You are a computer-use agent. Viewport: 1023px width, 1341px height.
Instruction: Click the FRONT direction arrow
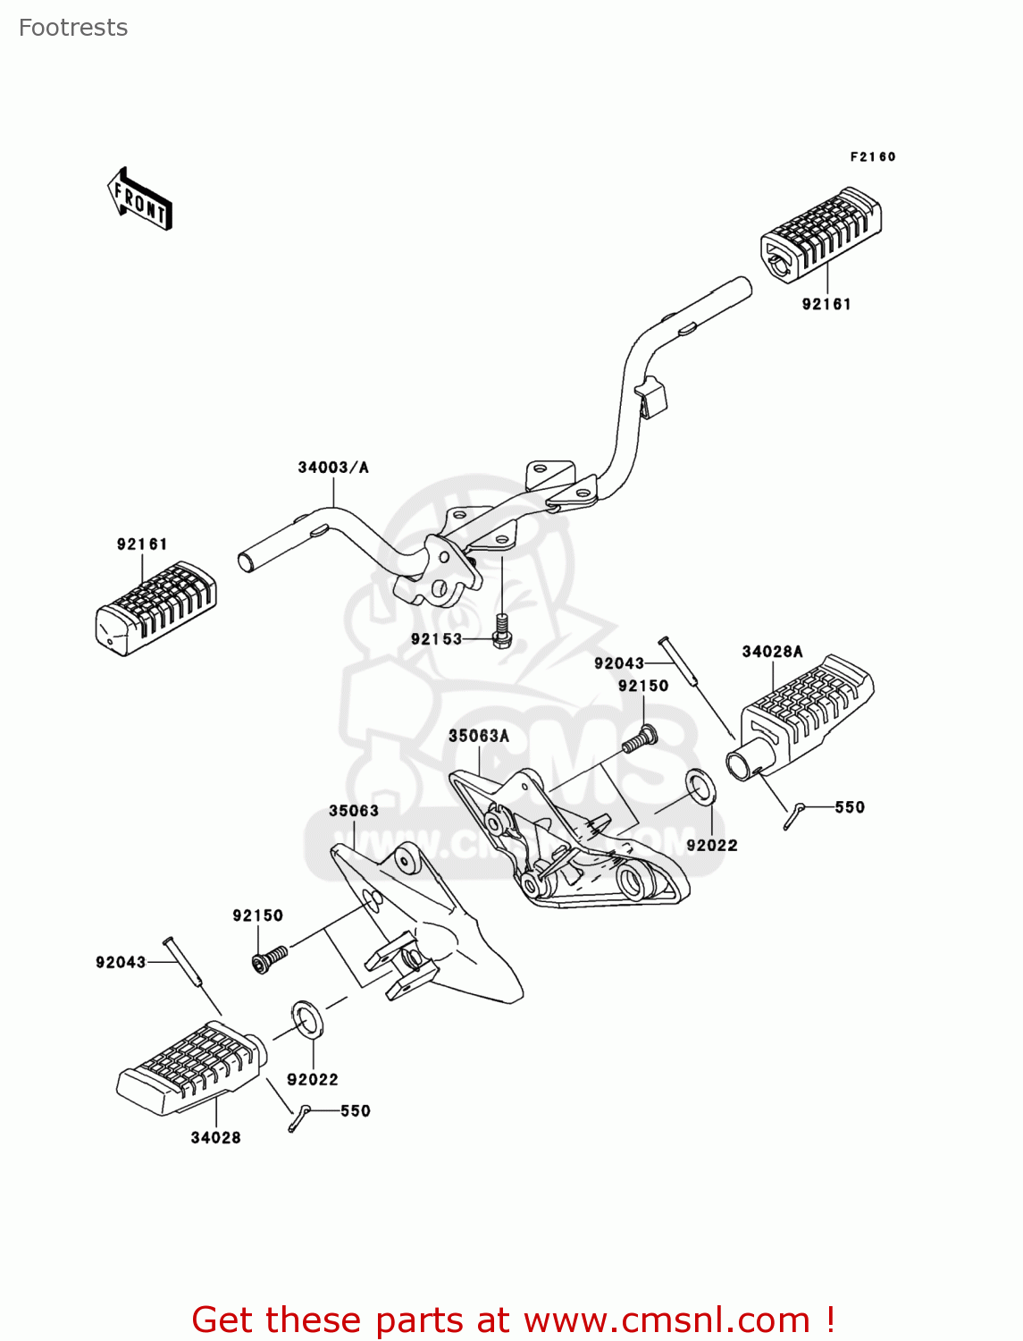tap(139, 199)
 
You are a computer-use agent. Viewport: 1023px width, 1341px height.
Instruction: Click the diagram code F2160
tap(872, 156)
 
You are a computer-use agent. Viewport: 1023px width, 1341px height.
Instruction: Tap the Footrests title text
tap(73, 28)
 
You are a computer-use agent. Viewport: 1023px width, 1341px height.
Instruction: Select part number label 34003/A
tap(332, 468)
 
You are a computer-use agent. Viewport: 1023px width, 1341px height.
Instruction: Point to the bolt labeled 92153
tap(502, 630)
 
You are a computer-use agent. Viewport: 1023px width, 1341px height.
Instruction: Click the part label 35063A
tap(478, 736)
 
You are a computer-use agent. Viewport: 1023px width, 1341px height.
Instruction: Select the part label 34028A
tap(772, 652)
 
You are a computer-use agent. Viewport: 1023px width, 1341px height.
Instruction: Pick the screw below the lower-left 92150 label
tap(269, 958)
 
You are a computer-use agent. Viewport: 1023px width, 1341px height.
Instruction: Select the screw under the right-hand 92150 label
tap(641, 739)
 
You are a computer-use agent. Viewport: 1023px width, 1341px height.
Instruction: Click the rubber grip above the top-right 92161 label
tap(820, 229)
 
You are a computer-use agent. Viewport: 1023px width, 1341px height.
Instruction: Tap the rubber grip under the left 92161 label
tap(155, 608)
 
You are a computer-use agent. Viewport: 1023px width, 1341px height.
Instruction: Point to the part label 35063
tap(354, 811)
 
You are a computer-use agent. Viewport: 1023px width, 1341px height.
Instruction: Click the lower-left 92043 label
tap(121, 962)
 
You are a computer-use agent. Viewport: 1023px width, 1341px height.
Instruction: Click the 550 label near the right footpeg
tap(850, 807)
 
